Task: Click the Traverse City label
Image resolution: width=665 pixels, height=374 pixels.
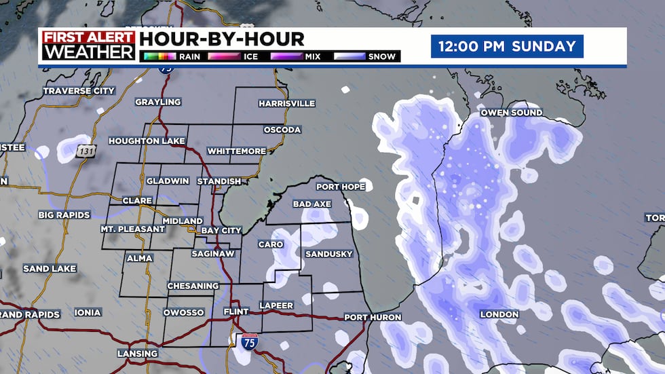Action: tap(79, 90)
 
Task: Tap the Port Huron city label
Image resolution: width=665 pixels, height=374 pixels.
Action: tap(373, 317)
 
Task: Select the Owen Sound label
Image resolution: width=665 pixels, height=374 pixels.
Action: tap(511, 112)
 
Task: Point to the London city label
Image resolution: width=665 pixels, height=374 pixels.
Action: tap(499, 314)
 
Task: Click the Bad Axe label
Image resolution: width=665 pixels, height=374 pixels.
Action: tap(311, 204)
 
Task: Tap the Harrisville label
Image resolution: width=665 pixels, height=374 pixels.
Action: tap(286, 103)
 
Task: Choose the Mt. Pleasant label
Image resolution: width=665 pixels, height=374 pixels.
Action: tap(133, 229)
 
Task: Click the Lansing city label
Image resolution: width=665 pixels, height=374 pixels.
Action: tap(137, 354)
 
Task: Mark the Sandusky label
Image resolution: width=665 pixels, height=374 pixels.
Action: tap(329, 254)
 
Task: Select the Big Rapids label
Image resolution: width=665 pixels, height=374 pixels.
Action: tap(64, 215)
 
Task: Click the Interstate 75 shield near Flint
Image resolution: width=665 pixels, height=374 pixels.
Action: tap(249, 341)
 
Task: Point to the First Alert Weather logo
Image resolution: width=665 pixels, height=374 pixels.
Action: tap(88, 45)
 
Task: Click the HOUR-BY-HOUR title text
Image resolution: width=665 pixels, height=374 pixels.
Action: tap(222, 39)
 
